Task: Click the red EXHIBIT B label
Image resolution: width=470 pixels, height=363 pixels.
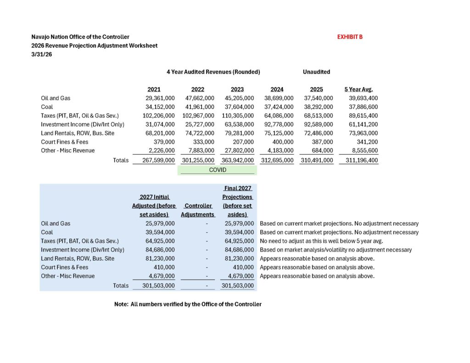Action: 350,37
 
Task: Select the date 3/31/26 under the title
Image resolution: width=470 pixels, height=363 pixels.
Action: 42,54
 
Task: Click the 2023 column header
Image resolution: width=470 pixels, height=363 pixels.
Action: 237,89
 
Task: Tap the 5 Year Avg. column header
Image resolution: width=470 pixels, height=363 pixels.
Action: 361,89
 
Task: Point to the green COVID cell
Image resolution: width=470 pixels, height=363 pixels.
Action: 217,170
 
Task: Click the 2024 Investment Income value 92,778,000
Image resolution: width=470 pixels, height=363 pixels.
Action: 277,124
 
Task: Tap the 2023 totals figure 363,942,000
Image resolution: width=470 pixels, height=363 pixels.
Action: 235,160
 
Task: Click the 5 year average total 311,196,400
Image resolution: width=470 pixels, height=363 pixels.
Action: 359,160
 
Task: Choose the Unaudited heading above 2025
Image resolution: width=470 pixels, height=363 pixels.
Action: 316,72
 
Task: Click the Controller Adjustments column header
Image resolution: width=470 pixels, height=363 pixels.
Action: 198,210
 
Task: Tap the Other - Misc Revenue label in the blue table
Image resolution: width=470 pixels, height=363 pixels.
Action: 68,276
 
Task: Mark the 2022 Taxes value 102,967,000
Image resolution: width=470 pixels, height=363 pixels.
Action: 196,116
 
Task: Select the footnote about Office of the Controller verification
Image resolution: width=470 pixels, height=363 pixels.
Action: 188,304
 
